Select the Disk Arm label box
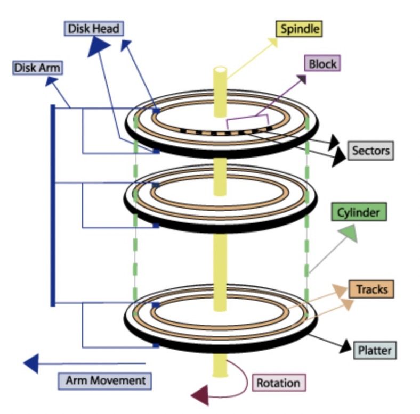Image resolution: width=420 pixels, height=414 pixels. point(37,68)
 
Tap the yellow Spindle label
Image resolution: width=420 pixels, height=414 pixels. point(299,28)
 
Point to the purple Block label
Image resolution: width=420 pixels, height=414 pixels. point(322,64)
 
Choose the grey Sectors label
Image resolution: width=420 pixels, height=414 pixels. point(371,151)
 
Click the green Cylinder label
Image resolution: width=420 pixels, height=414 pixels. point(358,212)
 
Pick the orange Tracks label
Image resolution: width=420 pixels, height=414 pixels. point(371,289)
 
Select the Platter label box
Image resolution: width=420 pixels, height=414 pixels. point(375,350)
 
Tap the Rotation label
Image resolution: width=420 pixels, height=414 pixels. point(278,382)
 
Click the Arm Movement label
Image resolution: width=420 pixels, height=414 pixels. point(105,380)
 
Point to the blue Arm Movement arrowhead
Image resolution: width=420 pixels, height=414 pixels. point(31,363)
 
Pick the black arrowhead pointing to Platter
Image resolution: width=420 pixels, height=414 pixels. point(345,346)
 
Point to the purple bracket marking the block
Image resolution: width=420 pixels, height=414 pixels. point(247,121)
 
